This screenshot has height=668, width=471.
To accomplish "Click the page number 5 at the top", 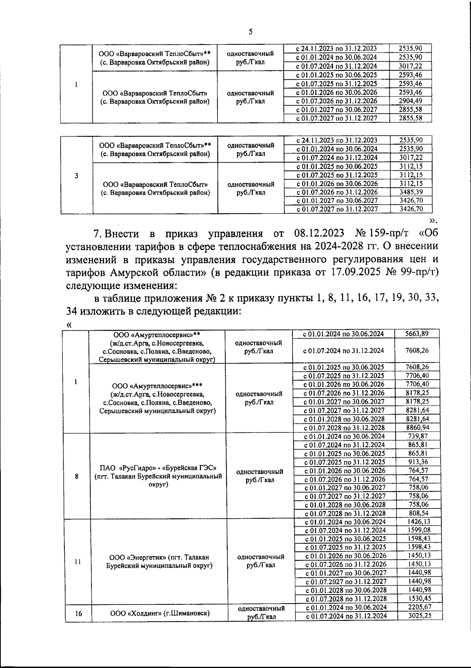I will click(250, 32).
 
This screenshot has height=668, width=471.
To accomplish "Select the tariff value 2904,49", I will click(410, 101).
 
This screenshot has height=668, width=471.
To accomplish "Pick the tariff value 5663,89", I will click(416, 333).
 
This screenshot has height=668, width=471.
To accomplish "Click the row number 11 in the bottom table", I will click(77, 562).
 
